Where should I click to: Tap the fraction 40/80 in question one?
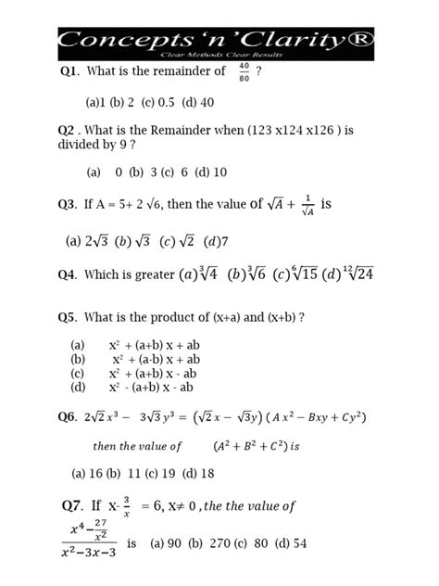pyautogui.click(x=244, y=72)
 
